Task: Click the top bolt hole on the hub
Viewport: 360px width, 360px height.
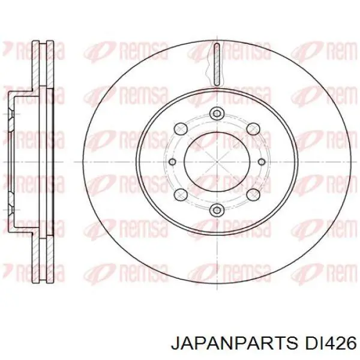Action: [217, 113]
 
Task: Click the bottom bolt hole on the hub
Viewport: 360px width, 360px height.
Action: [217, 209]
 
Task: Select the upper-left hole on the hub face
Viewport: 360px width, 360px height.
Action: [181, 127]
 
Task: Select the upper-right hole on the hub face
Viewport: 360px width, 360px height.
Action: [253, 127]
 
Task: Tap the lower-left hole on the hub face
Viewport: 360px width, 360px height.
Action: [181, 196]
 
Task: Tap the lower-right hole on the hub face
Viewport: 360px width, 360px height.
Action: [253, 196]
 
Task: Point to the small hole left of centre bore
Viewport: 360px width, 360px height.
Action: [173, 161]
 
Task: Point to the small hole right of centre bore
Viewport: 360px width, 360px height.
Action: [262, 161]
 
